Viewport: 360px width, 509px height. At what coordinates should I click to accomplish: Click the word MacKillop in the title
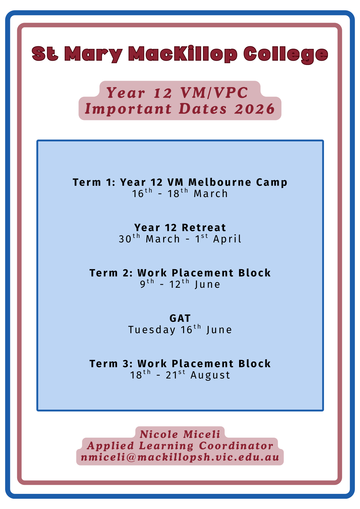(x=183, y=54)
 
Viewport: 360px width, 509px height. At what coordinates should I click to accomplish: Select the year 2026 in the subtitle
(x=255, y=109)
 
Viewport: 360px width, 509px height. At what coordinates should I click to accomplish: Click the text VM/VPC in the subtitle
(x=214, y=93)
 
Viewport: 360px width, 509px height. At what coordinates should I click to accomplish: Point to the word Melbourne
(x=219, y=182)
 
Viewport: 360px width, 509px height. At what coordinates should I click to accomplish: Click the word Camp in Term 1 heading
(x=272, y=183)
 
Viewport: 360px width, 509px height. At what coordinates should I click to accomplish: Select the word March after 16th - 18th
(x=210, y=194)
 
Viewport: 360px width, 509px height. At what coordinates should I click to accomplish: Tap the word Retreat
(x=204, y=228)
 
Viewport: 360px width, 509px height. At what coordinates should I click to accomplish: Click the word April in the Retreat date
(x=227, y=239)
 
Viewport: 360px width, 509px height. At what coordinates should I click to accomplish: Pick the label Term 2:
(x=111, y=273)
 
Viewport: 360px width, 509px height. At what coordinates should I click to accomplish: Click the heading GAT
(x=180, y=318)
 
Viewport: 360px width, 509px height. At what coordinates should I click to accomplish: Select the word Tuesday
(x=152, y=330)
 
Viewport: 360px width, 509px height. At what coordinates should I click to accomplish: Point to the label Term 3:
(x=111, y=364)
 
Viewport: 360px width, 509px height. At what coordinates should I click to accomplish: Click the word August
(x=210, y=375)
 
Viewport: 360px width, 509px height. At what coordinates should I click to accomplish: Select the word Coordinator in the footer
(x=236, y=446)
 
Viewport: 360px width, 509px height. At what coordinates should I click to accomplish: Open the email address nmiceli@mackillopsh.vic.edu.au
(x=180, y=457)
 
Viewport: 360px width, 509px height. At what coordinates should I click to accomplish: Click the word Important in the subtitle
(x=128, y=109)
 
